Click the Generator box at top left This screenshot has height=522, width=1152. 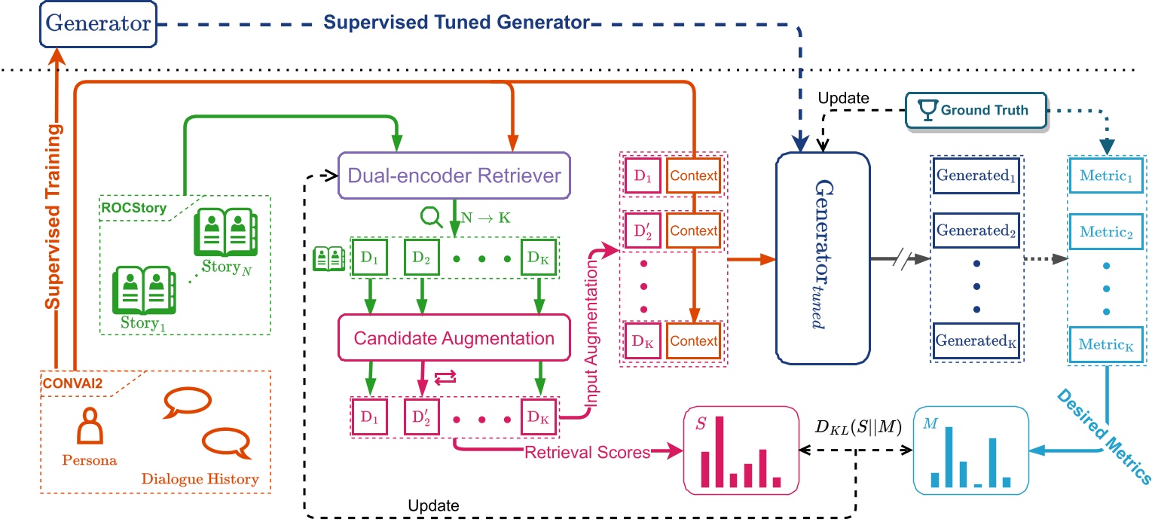99,23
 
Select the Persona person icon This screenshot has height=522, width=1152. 90,426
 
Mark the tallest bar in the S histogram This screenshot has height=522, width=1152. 719,451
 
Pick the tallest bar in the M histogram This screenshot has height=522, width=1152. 949,456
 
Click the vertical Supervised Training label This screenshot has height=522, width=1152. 53,219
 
